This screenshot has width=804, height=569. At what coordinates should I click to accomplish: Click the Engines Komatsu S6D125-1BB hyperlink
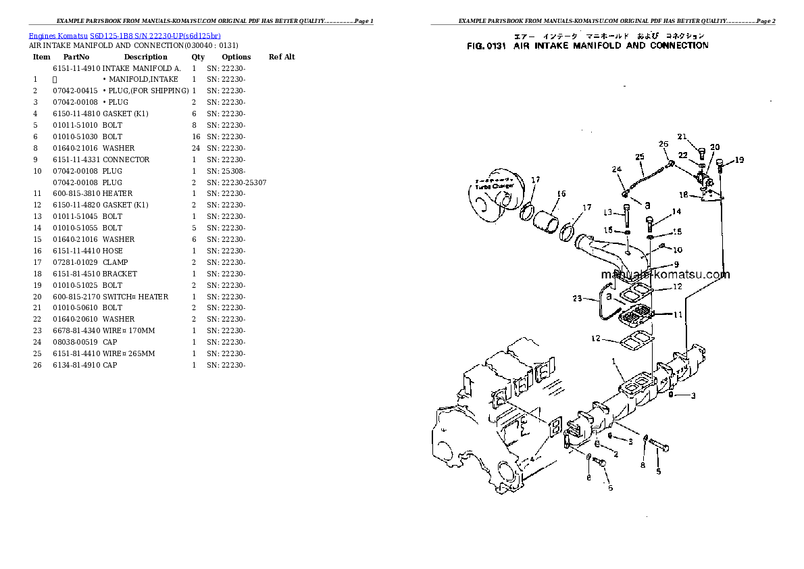(x=125, y=36)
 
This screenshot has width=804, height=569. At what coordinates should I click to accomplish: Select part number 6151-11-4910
(x=76, y=68)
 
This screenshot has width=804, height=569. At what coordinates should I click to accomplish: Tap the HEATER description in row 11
(x=118, y=193)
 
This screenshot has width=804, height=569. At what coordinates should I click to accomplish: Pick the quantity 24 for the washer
(x=195, y=148)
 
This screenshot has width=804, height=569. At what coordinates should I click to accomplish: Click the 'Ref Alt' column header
(x=282, y=57)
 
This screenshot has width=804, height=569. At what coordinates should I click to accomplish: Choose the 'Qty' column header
(x=198, y=57)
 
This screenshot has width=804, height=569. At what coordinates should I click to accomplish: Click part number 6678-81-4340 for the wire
(x=76, y=330)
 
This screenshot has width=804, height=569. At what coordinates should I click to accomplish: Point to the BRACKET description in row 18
(x=120, y=274)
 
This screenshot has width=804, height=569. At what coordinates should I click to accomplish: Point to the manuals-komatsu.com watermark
(x=665, y=274)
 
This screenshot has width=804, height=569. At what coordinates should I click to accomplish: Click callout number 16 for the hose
(x=560, y=195)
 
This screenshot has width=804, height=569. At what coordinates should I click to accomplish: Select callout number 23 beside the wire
(x=576, y=298)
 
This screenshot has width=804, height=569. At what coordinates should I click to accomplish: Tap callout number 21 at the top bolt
(x=682, y=137)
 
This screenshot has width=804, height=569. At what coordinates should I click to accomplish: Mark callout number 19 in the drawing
(x=739, y=160)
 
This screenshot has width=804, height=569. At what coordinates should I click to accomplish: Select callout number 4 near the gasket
(x=532, y=459)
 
